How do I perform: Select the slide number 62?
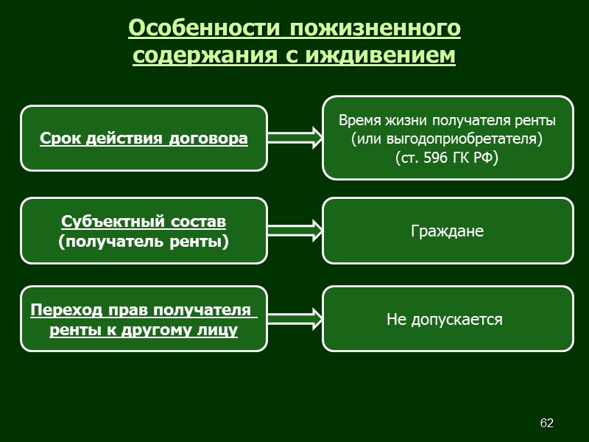(546, 423)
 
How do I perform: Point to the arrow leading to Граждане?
(294, 231)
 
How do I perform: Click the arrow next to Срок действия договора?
(294, 137)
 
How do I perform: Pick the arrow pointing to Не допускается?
(294, 319)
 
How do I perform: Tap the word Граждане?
(447, 231)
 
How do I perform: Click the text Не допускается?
(445, 320)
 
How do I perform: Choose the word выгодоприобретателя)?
(463, 138)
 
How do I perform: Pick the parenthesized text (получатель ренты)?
(144, 241)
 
